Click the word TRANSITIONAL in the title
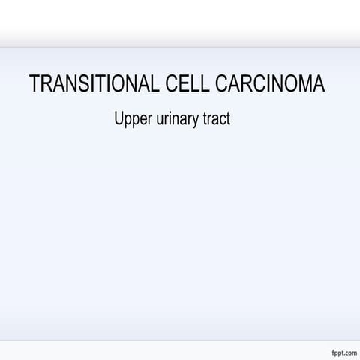93,84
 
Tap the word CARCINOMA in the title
270,84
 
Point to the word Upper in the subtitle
130,118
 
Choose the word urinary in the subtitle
173,118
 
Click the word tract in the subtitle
216,118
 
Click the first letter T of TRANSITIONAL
34,84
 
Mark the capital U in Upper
118,118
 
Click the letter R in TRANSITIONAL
46,84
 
